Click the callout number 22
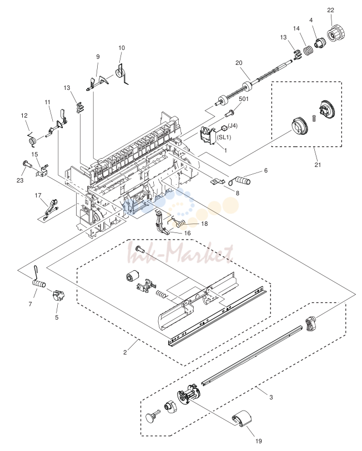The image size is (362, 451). tap(330, 10)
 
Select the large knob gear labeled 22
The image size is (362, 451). tap(336, 34)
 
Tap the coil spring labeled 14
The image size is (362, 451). tap(309, 50)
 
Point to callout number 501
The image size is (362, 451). tap(244, 99)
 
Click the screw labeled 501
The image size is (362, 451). tap(229, 114)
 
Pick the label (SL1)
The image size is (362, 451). tap(224, 137)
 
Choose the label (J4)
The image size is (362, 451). tap(233, 126)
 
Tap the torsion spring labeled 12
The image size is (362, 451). tap(32, 139)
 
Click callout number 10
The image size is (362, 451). tap(122, 48)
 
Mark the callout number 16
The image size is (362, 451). tap(187, 233)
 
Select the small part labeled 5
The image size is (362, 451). tap(58, 295)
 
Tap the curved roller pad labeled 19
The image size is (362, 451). tap(242, 418)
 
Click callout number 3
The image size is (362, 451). tap(271, 397)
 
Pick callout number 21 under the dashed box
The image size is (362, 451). tap(318, 165)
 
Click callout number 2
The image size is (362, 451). tap(125, 352)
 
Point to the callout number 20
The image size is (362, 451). tap(239, 63)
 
